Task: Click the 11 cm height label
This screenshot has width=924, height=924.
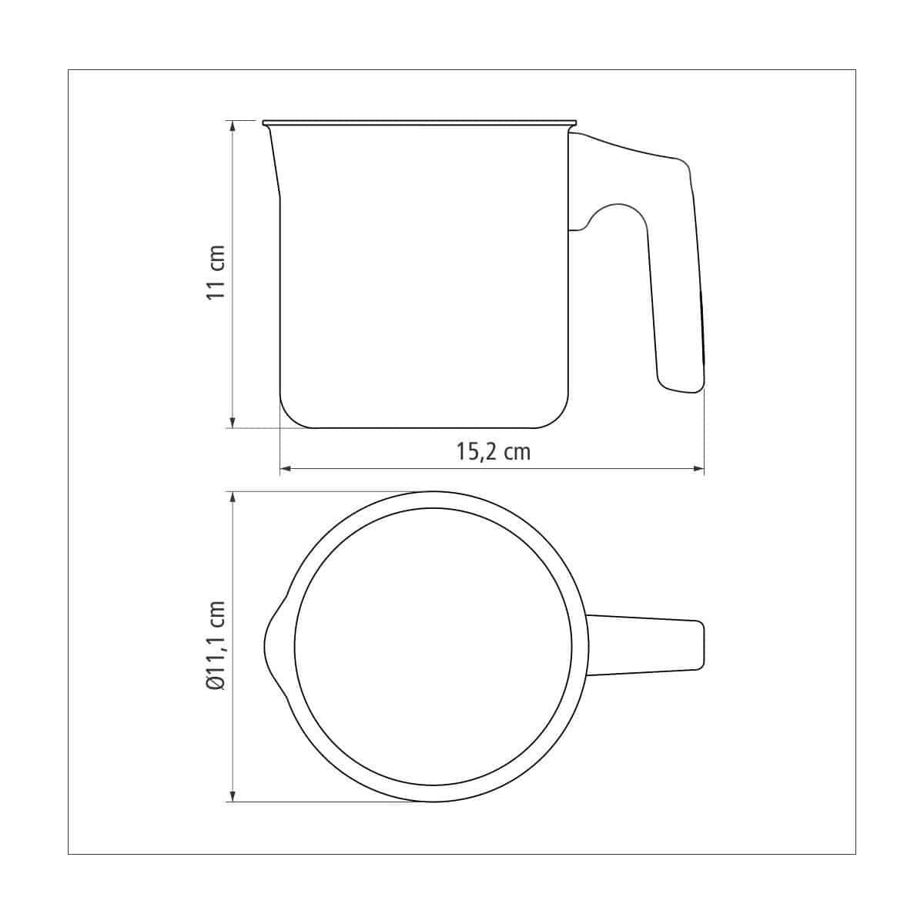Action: [x=216, y=272]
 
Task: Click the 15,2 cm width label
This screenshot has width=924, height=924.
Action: [x=494, y=452]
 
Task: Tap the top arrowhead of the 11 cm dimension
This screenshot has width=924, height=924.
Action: [x=233, y=126]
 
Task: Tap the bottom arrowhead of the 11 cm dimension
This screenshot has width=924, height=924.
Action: [x=233, y=421]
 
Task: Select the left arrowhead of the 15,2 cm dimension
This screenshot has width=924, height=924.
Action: [x=286, y=468]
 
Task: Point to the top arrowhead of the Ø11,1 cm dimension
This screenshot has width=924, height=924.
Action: [x=233, y=497]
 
